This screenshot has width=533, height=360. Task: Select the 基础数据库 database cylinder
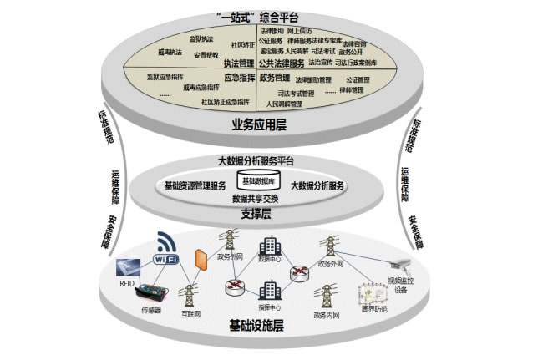[x=260, y=180]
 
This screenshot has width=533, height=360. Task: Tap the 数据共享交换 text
[x=260, y=199]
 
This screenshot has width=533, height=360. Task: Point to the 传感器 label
[x=150, y=309]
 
